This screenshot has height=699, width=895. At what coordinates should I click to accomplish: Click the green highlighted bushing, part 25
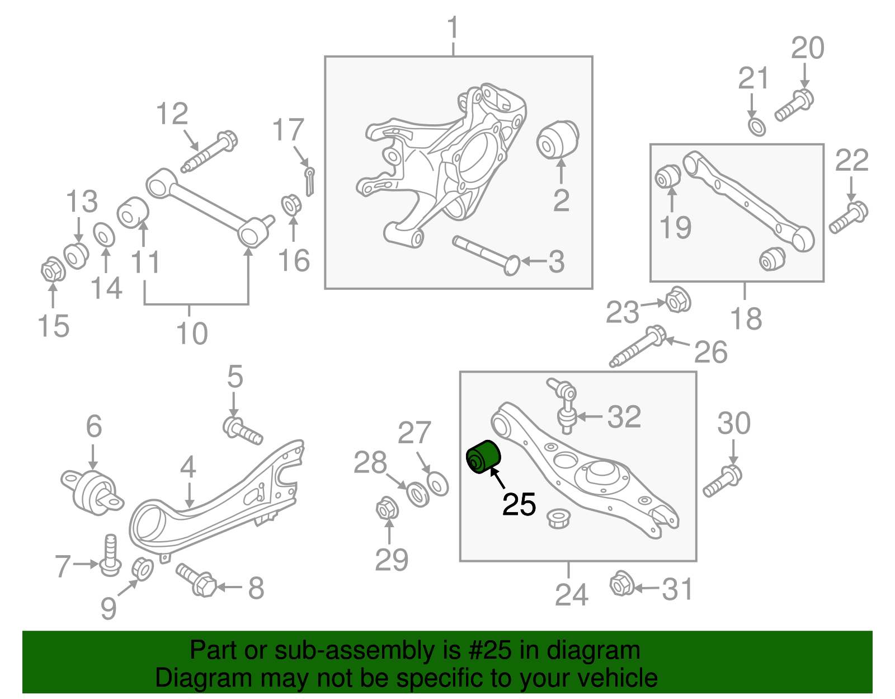pyautogui.click(x=483, y=457)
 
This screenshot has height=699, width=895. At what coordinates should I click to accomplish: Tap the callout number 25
pyautogui.click(x=519, y=505)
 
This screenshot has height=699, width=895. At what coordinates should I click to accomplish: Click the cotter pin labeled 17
pyautogui.click(x=309, y=181)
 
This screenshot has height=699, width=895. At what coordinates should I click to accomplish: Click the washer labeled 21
pyautogui.click(x=757, y=126)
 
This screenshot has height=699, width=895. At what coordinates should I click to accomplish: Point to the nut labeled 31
pyautogui.click(x=621, y=584)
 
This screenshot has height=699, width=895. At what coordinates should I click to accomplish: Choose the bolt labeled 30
pyautogui.click(x=723, y=482)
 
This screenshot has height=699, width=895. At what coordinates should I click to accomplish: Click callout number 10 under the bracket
pyautogui.click(x=192, y=334)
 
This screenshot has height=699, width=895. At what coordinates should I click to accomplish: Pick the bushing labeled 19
pyautogui.click(x=667, y=177)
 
